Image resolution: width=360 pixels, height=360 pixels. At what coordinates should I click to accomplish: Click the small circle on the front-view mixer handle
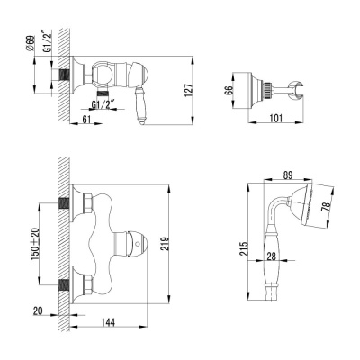coord(133,239)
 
